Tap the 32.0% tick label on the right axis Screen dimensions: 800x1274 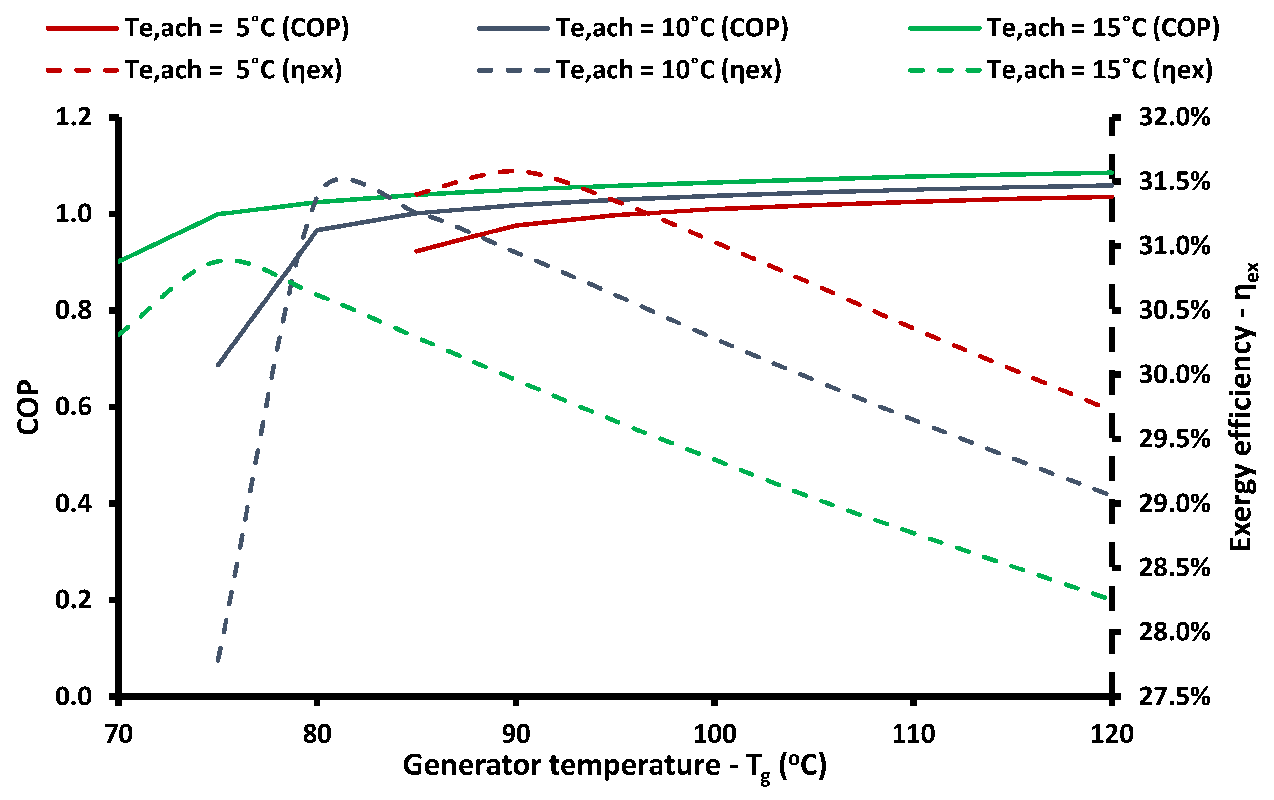1174,117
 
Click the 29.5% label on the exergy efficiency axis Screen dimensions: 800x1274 1174,439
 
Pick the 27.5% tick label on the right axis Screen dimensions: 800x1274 1174,696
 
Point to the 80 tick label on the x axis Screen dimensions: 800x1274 317,734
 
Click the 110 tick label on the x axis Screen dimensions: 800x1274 913,734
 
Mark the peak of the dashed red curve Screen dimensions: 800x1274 510,171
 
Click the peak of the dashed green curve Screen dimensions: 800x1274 228,260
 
